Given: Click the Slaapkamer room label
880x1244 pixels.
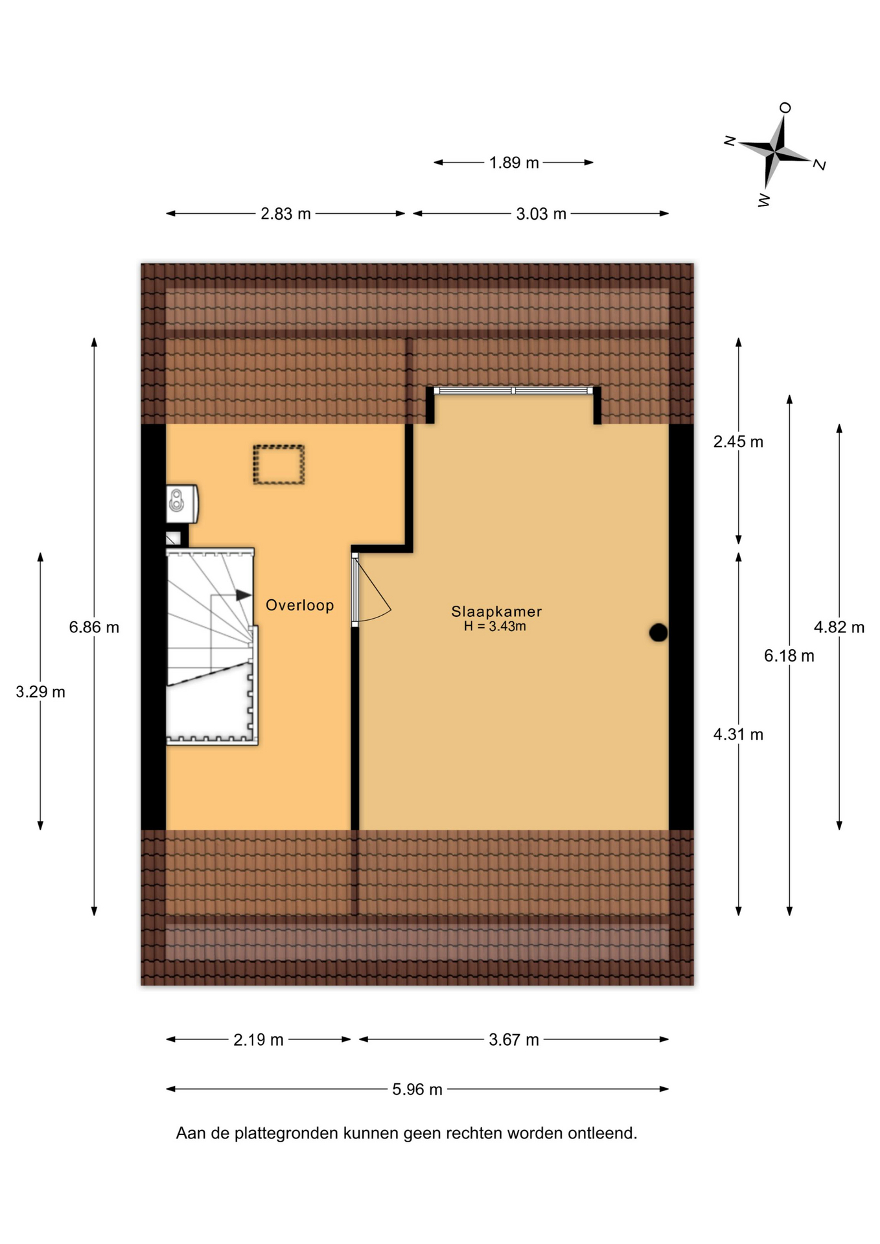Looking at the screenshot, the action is click(496, 611).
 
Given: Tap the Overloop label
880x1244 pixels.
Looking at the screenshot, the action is click(300, 605).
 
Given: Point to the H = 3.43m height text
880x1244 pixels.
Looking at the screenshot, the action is click(495, 627).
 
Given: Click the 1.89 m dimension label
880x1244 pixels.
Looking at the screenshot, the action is click(514, 163).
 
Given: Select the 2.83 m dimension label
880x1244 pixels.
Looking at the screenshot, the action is click(286, 214).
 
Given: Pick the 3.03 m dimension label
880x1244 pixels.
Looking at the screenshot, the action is click(541, 214).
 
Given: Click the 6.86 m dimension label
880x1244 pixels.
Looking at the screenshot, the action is click(94, 627).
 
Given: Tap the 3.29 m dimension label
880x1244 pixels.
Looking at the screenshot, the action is click(40, 692).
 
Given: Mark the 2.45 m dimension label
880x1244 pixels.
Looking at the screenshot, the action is click(738, 442).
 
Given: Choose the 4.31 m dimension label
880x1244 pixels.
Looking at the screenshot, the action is click(738, 735).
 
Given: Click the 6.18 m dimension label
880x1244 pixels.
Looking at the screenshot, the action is click(789, 656).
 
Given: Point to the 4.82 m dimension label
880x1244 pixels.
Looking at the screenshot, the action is click(839, 627).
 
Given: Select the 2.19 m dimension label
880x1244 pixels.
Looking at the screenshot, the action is click(259, 1040).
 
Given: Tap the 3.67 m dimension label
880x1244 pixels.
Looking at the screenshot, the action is click(514, 1040).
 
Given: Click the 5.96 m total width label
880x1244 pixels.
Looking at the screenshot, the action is click(417, 1090).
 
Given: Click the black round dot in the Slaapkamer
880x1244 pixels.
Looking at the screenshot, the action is click(658, 632).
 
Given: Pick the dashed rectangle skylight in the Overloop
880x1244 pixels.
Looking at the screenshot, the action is click(279, 465).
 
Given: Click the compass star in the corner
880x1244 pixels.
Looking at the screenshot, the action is click(774, 153).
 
